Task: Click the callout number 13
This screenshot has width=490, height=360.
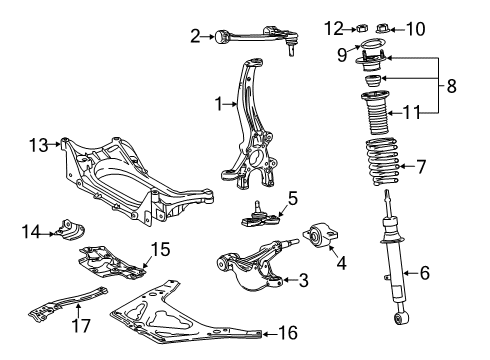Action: click(x=39, y=145)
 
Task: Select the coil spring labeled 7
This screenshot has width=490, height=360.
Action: click(x=382, y=161)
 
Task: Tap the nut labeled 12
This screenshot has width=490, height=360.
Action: click(x=362, y=28)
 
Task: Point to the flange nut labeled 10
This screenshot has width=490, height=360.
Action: click(x=383, y=28)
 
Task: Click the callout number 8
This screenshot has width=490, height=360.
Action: click(x=451, y=86)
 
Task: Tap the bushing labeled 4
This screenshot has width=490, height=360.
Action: click(x=320, y=235)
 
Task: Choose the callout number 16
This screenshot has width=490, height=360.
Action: click(x=288, y=332)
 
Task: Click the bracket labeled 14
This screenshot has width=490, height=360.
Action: click(x=71, y=229)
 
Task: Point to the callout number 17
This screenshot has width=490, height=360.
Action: click(x=81, y=326)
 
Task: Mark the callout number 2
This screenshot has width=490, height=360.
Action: click(x=195, y=36)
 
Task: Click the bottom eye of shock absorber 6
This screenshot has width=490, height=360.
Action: click(x=401, y=318)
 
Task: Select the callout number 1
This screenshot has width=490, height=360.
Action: click(x=218, y=104)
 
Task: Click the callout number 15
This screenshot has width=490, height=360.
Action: click(x=160, y=249)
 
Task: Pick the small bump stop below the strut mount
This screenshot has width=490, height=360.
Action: click(x=373, y=81)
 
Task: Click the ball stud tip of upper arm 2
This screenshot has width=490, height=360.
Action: click(x=292, y=52)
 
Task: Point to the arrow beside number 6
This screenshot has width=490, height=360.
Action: click(x=411, y=273)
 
